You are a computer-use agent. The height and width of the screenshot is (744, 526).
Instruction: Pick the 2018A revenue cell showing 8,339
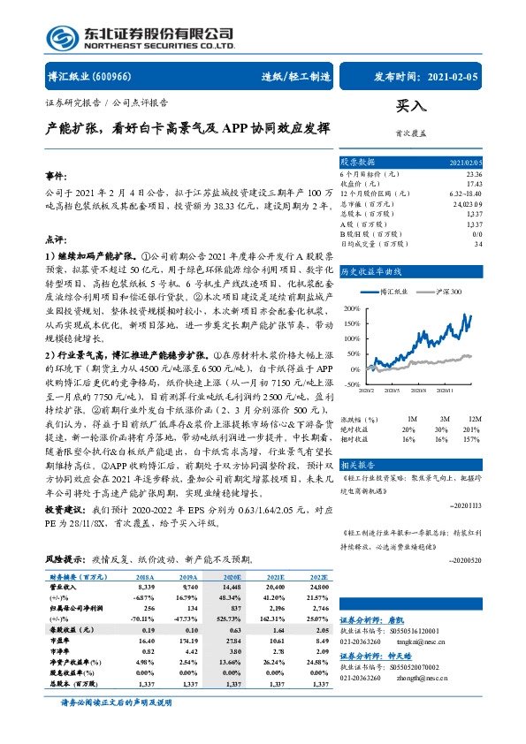(x=145, y=586)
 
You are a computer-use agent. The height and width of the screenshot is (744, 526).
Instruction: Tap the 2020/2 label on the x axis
(x=368, y=391)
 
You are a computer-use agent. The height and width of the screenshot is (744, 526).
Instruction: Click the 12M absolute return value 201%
(x=471, y=428)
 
